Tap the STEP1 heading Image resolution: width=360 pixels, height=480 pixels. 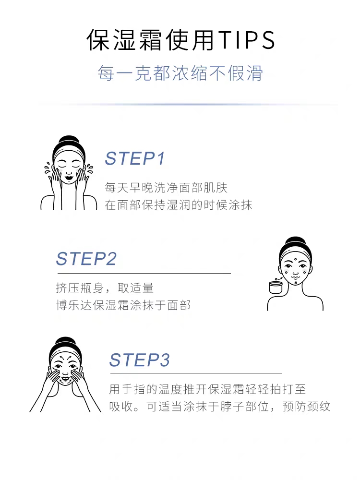pos(135,158)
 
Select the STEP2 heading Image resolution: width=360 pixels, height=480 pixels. pos(86,259)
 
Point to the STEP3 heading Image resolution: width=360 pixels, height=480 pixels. pos(139,360)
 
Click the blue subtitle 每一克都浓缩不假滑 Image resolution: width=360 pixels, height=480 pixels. pos(180,73)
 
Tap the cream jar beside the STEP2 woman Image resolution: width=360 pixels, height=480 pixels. pos(276,288)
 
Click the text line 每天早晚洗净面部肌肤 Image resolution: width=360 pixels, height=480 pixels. pos(166,188)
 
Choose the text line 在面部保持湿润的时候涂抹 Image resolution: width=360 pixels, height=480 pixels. pos(179,205)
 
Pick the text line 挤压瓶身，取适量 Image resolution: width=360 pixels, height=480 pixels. pos(105,288)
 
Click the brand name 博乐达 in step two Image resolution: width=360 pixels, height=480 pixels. pos(74,305)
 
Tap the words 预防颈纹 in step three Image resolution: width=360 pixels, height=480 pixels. pos(306,407)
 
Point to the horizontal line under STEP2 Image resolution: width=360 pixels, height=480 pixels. pos(144,273)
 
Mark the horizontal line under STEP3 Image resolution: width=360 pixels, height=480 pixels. pos(196,373)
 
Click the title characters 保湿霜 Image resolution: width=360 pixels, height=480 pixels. pos(124,40)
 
